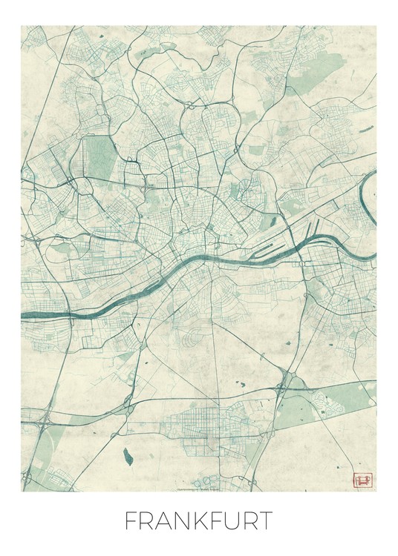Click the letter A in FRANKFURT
163,521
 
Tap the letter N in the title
183,521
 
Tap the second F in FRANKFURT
220,521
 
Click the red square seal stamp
364,480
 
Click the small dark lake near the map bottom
128,451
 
